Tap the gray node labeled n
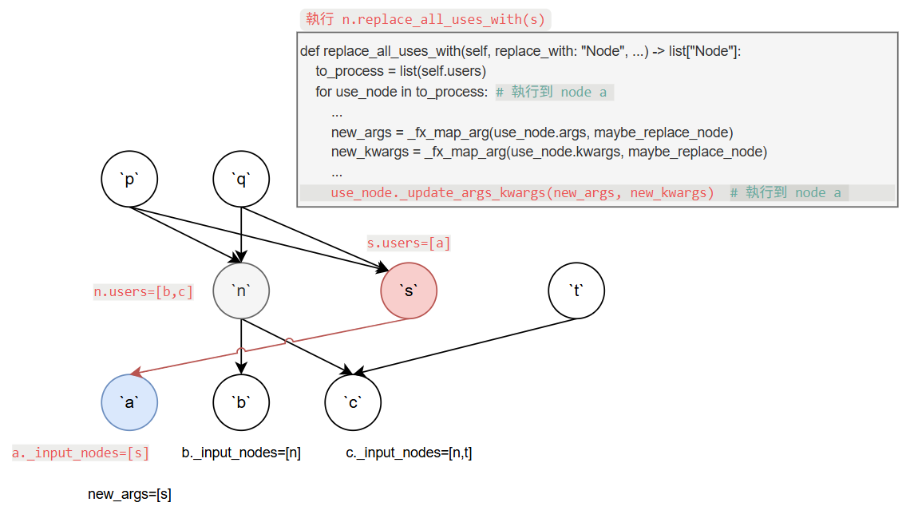241,291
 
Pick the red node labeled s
409,291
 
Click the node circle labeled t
576,291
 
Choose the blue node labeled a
129,402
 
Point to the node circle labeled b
241,402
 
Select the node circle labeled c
353,402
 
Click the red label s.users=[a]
409,243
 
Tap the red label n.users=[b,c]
144,292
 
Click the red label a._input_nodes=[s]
81,453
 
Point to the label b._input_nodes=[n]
241,453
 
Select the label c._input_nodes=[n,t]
409,453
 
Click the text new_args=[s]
129,495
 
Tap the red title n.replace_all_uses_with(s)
425,19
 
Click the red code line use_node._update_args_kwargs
522,193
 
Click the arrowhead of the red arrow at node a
136,372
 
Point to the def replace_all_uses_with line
520,51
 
